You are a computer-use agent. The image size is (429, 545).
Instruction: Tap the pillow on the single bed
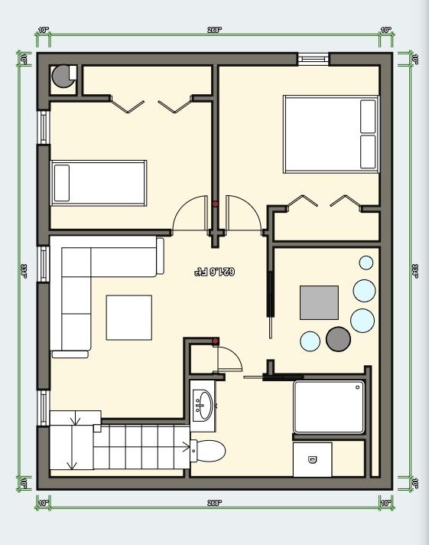[x=61, y=183]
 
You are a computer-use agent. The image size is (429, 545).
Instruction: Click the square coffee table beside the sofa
[x=128, y=317]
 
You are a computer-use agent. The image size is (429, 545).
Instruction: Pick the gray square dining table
[x=319, y=302]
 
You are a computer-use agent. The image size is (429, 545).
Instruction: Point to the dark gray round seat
[x=338, y=339]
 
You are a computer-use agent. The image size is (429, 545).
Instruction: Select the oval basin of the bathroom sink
[x=203, y=402]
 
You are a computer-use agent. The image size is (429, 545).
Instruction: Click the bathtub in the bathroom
[x=329, y=406]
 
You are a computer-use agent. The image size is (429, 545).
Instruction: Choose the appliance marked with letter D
[x=312, y=459]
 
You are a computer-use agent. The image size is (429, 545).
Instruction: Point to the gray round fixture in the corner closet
[x=60, y=77]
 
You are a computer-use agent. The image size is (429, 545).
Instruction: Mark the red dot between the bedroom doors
[x=215, y=204]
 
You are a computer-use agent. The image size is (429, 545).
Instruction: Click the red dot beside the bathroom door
[x=216, y=341]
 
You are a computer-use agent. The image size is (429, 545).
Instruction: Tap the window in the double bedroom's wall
[x=313, y=58]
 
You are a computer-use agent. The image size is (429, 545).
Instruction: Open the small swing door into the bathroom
[x=229, y=358]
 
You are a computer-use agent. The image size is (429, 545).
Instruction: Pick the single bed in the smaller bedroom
[x=99, y=183]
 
